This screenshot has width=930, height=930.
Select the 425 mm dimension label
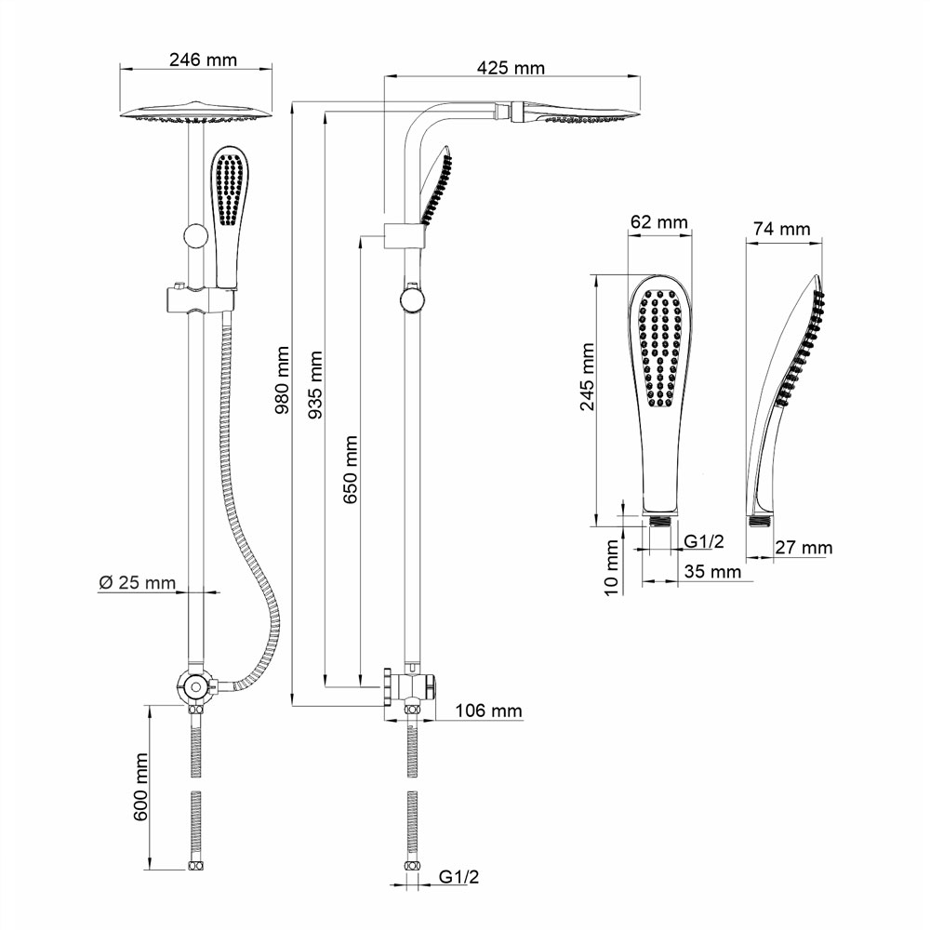coord(510,68)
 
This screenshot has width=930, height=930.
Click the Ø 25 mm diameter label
coord(137,583)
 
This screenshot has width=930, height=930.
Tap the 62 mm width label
coord(658,222)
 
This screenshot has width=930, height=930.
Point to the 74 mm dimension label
coord(782,229)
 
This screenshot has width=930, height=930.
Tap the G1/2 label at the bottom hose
coord(458,877)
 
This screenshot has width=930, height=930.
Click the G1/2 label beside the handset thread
coord(705,541)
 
